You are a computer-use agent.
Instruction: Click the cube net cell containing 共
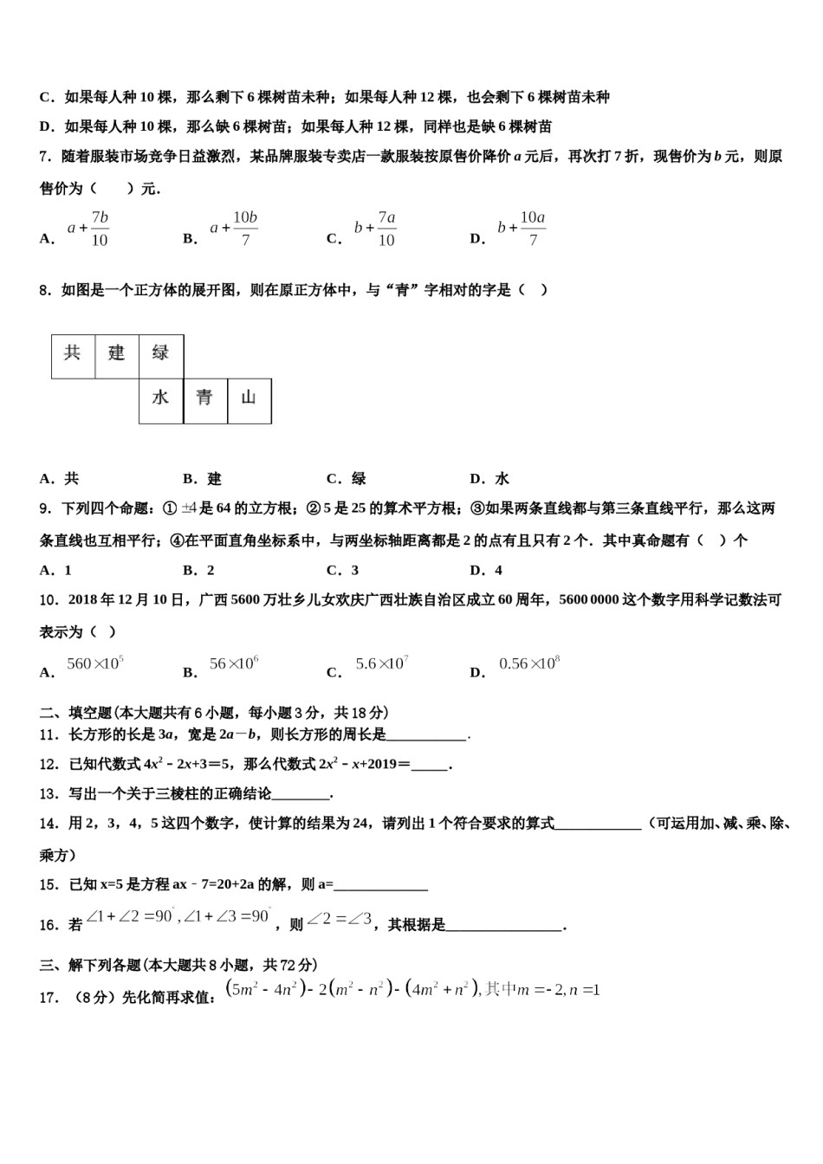73,356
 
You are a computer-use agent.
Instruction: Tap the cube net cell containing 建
117,356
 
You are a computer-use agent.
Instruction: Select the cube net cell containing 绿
161,356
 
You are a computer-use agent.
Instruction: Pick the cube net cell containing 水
161,401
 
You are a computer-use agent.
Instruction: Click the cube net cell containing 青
205,401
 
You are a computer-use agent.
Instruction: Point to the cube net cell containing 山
249,401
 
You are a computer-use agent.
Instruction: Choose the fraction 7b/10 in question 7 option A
100,229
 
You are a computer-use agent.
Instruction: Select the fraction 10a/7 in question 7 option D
532,229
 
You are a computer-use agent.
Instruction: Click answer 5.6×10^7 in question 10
381,664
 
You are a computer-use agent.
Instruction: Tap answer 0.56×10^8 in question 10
529,664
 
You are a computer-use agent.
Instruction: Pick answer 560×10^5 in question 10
95,664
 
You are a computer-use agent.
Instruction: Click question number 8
47,290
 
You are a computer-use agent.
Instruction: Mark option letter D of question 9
476,570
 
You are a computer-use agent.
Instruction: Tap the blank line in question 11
426,735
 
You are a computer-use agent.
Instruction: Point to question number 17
50,997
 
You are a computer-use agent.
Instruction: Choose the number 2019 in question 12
379,765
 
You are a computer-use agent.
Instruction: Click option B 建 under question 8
203,479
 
